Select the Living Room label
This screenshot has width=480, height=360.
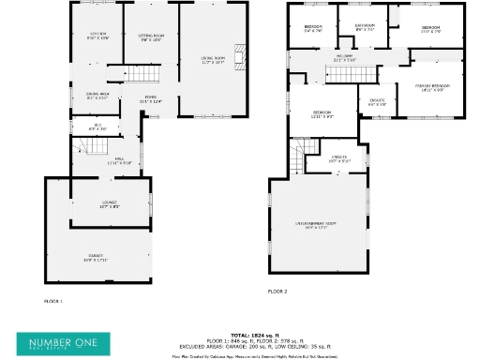tap(214, 60)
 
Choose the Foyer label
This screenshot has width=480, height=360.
tap(150, 97)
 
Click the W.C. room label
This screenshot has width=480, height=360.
tap(97, 127)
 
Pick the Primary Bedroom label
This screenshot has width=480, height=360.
tap(432, 88)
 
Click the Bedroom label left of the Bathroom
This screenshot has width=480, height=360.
tap(313, 28)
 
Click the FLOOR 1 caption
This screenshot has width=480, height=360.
tap(53, 301)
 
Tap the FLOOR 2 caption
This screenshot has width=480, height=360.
tap(277, 292)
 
